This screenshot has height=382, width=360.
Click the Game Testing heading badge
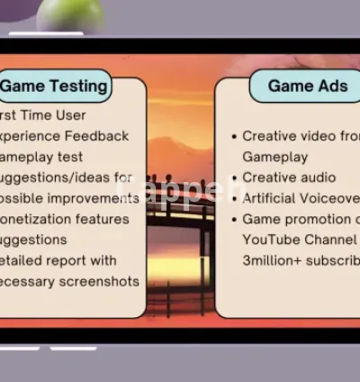tap(54, 86)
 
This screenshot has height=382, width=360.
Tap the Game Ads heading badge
tap(301, 86)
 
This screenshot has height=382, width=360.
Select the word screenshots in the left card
tap(101, 281)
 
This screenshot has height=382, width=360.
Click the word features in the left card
tap(99, 219)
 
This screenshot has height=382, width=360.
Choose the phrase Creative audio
tap(289, 177)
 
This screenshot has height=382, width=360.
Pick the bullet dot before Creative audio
tap(234, 178)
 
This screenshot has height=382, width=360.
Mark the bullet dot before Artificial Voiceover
tap(234, 199)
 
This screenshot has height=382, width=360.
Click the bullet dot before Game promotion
tap(234, 220)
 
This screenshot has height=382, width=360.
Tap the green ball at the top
tap(70, 14)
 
